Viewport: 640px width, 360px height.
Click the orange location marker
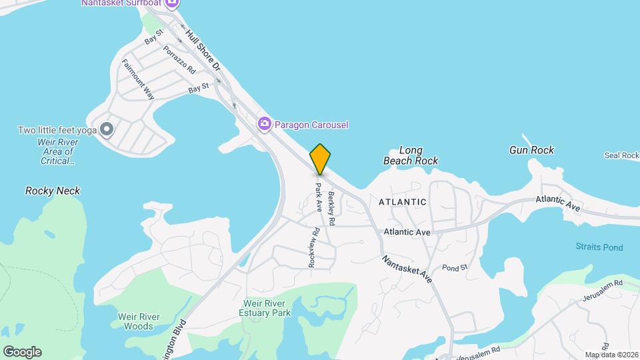320,159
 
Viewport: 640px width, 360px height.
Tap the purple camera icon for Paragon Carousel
265,123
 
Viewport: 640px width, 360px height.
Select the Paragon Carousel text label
311,125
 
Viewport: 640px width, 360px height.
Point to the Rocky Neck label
53,191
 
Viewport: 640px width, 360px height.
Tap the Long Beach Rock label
411,155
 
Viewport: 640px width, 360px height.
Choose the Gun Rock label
531,150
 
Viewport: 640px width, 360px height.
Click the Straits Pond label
599,247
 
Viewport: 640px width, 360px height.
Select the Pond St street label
455,267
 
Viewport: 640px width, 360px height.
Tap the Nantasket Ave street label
407,268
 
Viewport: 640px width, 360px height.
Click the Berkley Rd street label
331,207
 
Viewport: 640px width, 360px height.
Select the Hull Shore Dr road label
203,50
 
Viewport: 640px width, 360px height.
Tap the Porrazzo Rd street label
179,59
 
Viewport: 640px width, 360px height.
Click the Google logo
22,352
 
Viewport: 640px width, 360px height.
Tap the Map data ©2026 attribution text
611,355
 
